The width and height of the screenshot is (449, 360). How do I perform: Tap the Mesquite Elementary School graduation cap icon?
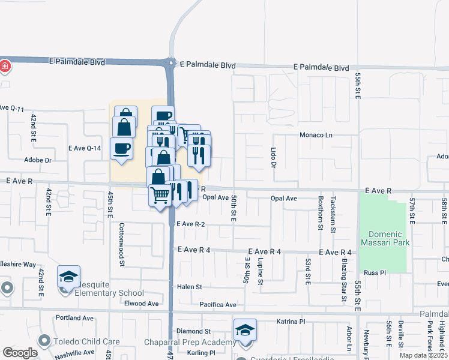point(69,277)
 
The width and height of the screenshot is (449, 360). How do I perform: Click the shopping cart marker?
point(160,195)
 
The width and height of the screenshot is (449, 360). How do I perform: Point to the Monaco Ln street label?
point(316,136)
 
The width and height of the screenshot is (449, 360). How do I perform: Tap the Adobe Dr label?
point(38,160)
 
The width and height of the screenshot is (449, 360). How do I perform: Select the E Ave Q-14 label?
point(85,148)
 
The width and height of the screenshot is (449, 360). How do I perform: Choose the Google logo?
point(20,353)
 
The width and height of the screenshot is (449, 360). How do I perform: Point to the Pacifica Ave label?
point(218,305)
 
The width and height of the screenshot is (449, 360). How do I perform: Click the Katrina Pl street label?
point(292,322)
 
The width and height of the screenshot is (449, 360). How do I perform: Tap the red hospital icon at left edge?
point(5,65)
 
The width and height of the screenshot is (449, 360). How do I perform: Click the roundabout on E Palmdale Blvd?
point(171,62)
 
